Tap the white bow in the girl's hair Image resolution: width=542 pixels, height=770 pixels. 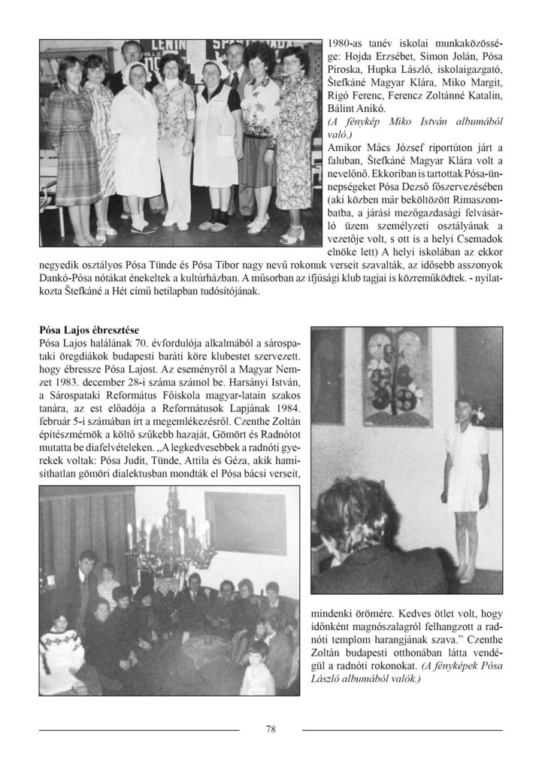478,412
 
